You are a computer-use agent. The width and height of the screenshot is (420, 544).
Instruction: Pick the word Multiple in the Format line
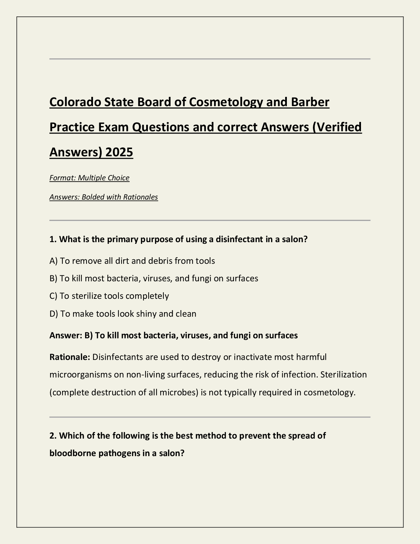point(92,178)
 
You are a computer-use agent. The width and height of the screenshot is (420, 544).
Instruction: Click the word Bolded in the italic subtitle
point(93,197)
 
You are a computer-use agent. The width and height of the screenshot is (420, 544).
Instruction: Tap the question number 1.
point(52,239)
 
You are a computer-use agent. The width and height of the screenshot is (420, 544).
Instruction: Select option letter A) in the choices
point(53,261)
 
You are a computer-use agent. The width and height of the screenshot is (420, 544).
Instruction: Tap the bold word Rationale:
point(70,357)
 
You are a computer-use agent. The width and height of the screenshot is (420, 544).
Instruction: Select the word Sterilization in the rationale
point(343,374)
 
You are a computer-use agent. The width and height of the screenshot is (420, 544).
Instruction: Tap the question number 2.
point(52,436)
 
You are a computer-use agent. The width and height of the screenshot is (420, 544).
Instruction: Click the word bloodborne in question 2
point(73,453)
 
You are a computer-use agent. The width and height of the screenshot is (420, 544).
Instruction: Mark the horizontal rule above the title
point(210,59)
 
